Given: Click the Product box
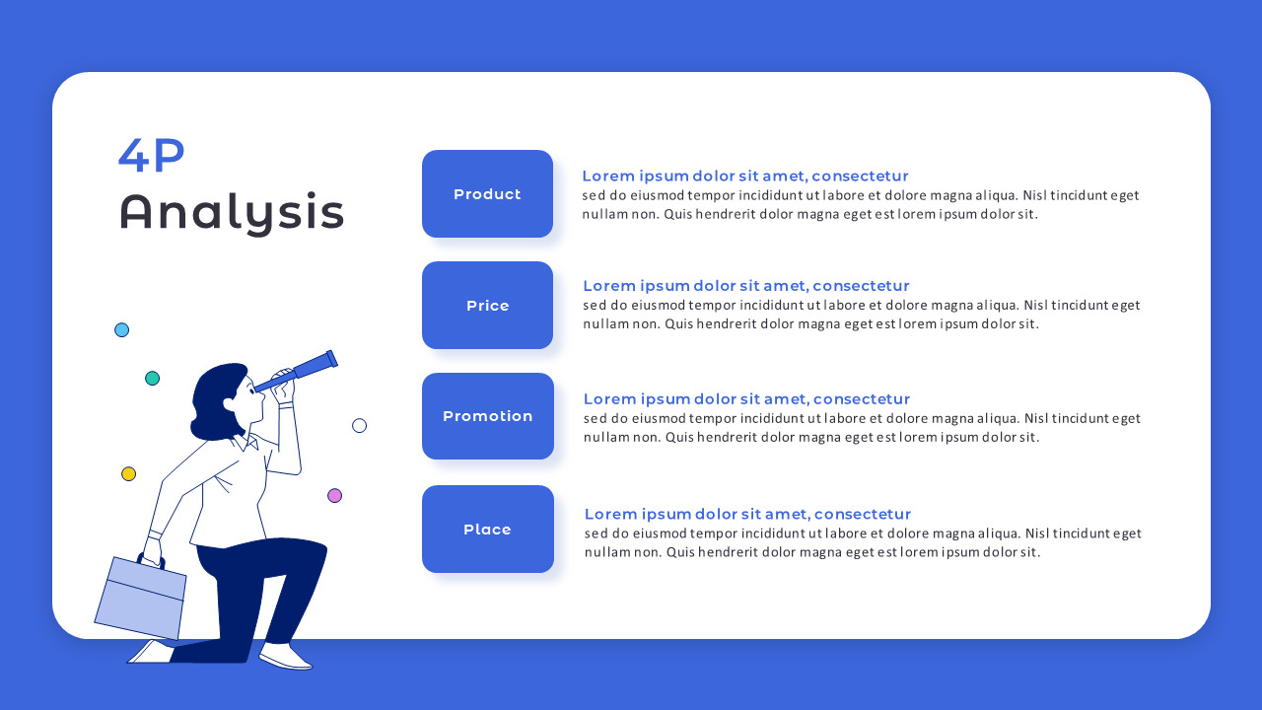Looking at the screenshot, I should [487, 194].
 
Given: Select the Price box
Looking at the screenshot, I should [487, 306].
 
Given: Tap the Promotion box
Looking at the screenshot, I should [487, 416].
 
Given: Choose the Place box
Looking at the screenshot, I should [487, 530].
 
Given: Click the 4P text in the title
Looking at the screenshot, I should [152, 156].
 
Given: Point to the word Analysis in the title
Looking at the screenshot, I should [232, 212].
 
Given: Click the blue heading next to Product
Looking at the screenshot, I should [744, 177].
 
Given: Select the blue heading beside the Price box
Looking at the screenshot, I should [745, 286].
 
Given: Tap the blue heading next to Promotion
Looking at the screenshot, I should [746, 399].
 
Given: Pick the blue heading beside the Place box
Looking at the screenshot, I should [747, 514].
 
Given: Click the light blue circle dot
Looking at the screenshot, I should [122, 330].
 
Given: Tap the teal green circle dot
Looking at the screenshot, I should [152, 379].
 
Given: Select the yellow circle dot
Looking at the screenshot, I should [128, 474].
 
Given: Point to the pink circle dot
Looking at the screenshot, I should [334, 496].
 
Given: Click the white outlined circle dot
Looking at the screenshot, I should [359, 426].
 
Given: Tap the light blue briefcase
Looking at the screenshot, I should [139, 598].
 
